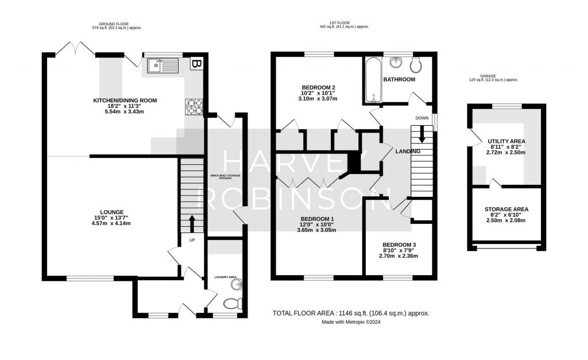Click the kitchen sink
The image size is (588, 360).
[164, 66]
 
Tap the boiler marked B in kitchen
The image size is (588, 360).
[196, 64]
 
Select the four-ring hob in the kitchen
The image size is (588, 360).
[192, 106]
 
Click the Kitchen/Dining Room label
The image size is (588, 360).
[125, 100]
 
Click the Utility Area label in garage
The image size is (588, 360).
[506, 141]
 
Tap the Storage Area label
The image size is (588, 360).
[506, 209]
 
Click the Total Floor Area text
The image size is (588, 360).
[351, 313]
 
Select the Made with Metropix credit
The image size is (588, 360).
[350, 322]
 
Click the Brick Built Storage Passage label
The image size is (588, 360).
[225, 176]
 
